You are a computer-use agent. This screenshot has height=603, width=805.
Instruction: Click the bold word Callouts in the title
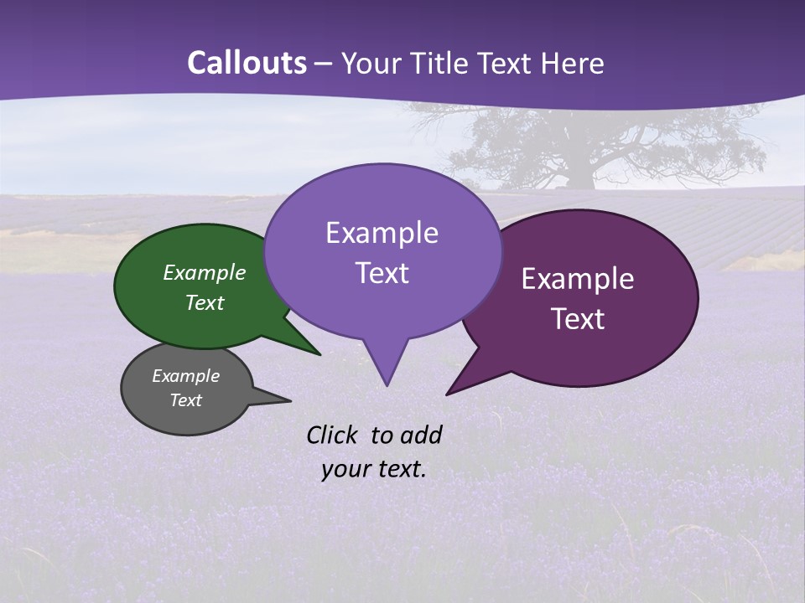click(x=247, y=63)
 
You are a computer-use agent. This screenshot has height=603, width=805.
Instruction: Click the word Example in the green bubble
click(x=204, y=273)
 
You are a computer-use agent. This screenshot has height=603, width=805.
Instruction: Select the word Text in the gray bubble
click(x=186, y=400)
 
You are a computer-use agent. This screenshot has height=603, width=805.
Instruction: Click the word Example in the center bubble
click(x=382, y=233)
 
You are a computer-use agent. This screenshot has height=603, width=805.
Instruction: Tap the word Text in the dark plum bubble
click(x=579, y=319)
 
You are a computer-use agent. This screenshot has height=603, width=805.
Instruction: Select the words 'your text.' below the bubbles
click(x=374, y=469)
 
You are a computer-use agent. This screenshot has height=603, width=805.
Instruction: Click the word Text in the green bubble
click(x=204, y=302)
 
